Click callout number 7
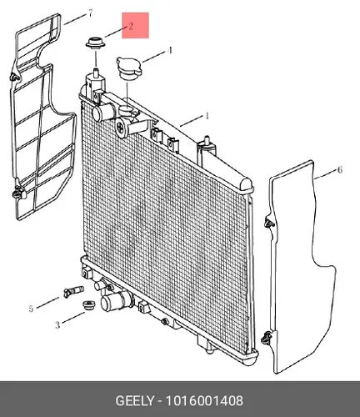coord(90,13)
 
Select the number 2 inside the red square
coord(131,26)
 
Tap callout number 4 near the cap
coord(170,51)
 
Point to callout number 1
coord(207,116)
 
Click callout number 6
coord(340,169)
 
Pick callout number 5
coord(31,309)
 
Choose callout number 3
coord(57,324)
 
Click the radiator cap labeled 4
coord(129,68)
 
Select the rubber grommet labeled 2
coord(96,43)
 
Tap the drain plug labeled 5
coord(73,292)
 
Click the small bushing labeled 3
coord(89,305)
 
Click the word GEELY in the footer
coord(134,401)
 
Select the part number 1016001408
coord(204,401)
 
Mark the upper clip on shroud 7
coord(14,77)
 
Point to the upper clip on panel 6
coord(268,223)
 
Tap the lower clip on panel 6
coord(266,338)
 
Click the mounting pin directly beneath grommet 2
coord(96,72)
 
